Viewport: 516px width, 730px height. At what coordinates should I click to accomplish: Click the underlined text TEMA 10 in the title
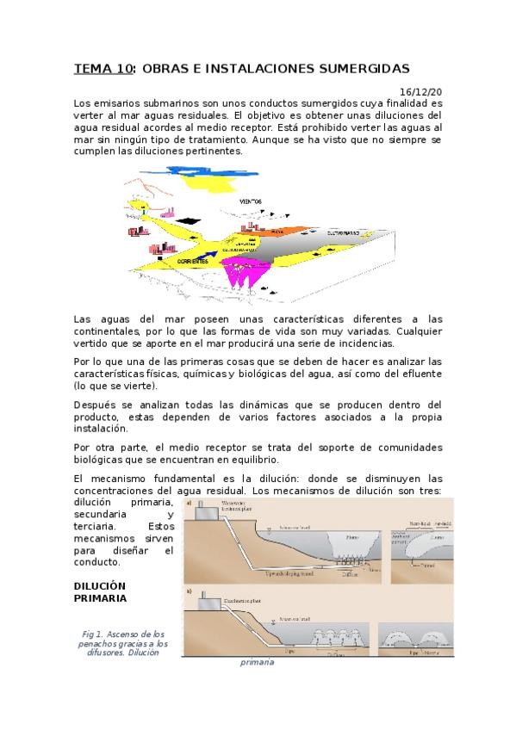(98, 68)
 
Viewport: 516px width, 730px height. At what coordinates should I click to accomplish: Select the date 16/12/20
(422, 90)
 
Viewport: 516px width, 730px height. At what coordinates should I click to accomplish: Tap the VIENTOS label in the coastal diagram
(252, 201)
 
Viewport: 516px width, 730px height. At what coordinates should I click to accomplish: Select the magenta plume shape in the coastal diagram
(244, 275)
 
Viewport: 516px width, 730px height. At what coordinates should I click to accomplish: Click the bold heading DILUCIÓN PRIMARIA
(100, 593)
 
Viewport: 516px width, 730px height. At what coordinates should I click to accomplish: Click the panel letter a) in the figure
(189, 500)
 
